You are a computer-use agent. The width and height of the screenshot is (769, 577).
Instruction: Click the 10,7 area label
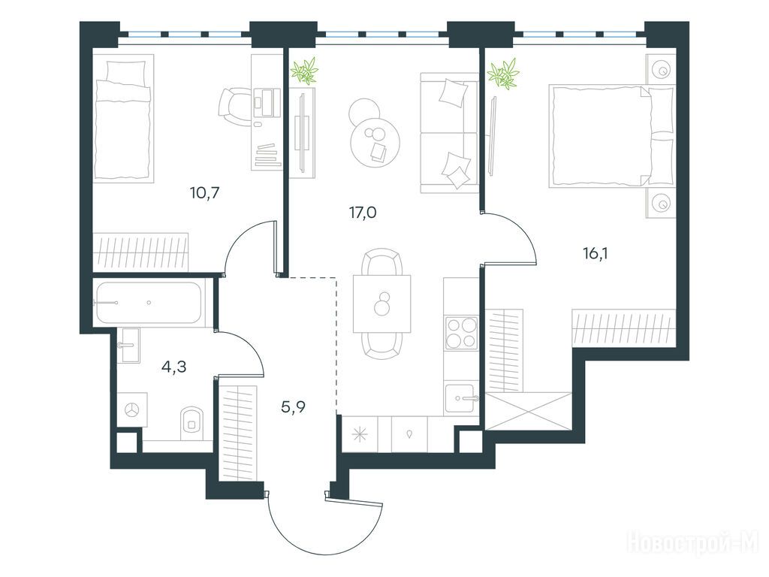click(x=204, y=193)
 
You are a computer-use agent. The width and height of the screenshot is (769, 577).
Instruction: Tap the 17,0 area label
click(x=363, y=213)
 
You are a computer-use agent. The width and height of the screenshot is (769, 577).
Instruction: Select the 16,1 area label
click(x=595, y=254)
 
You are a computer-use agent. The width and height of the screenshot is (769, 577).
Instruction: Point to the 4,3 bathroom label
click(x=173, y=367)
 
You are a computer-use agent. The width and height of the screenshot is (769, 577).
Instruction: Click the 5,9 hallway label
click(x=294, y=406)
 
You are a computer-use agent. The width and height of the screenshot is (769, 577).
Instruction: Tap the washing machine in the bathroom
click(x=132, y=409)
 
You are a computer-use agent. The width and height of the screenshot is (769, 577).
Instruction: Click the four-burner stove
click(x=461, y=333)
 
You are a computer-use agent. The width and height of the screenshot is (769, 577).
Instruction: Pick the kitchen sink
click(x=461, y=397)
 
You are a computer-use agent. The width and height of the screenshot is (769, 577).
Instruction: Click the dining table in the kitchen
click(x=382, y=304)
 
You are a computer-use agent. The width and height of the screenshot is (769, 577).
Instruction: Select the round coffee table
click(x=375, y=143)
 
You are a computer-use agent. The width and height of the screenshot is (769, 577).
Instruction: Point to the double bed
click(x=611, y=136)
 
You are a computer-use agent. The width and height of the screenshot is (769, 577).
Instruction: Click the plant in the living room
click(x=305, y=71)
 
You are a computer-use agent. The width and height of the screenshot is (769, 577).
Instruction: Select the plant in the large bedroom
click(x=502, y=73)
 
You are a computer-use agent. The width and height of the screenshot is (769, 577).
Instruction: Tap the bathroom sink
click(x=130, y=345)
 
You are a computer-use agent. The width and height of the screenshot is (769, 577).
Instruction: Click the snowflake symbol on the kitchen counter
click(x=360, y=434)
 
